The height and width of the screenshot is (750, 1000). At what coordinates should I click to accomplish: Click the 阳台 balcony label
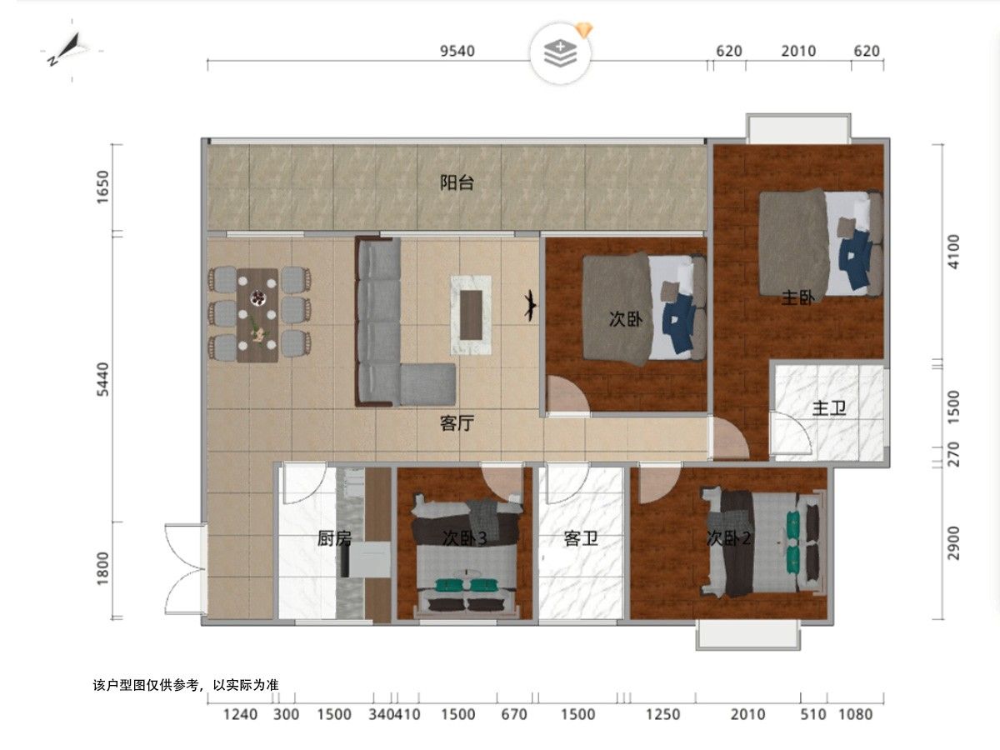457,182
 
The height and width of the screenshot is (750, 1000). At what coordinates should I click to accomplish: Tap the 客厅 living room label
457,423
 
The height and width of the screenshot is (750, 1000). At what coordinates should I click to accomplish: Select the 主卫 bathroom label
829,408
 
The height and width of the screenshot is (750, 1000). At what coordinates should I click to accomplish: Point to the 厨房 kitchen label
335,538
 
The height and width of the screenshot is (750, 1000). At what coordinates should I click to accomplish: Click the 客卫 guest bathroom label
581,538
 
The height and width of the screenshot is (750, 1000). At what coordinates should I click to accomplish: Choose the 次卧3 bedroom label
465,538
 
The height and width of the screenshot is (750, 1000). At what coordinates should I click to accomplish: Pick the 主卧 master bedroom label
798,298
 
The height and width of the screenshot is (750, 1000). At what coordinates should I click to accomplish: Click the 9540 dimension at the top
457,51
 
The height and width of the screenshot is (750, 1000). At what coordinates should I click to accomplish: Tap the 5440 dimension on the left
103,379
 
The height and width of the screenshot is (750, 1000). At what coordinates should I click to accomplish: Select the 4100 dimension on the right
953,252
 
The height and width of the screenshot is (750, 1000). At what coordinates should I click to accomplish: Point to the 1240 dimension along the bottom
240,714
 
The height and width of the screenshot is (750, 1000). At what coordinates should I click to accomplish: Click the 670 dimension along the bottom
514,714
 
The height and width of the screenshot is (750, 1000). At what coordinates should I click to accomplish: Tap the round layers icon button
560,53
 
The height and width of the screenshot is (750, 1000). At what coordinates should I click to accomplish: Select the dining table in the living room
257,315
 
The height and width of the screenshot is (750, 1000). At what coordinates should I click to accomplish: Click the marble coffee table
471,315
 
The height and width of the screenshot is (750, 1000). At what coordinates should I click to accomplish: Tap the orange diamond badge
583,30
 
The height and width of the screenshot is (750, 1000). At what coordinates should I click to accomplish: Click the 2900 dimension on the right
953,543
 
